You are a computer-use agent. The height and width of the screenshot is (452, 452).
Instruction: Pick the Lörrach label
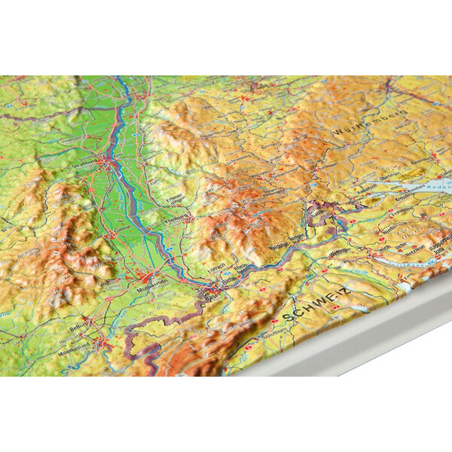click(x=219, y=269)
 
